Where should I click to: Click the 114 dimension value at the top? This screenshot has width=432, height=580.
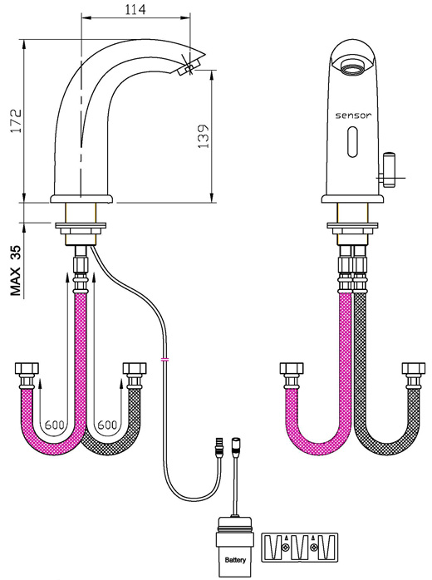[135, 9]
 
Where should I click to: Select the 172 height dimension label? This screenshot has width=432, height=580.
[17, 120]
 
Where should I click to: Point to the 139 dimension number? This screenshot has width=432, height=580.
[203, 136]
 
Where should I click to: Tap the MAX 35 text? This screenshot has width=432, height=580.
[16, 271]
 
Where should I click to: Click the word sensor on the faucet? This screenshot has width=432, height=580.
[353, 116]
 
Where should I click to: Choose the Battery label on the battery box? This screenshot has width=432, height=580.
[235, 560]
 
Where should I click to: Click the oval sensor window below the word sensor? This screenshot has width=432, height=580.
[353, 141]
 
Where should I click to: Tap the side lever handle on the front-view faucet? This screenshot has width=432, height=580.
[389, 169]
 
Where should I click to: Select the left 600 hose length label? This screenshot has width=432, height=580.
[54, 425]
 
